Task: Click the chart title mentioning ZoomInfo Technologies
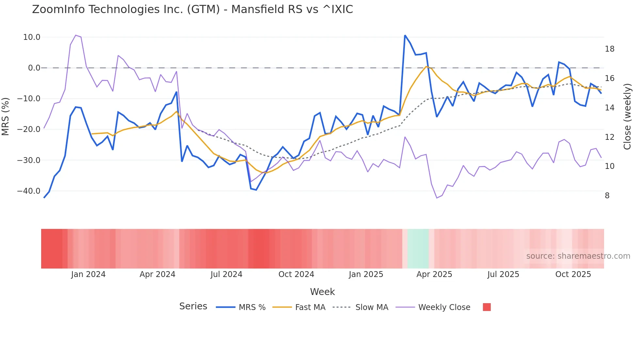(192, 9)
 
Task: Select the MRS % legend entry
(252, 307)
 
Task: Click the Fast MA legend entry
(310, 307)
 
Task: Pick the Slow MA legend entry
(372, 307)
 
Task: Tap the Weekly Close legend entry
(444, 307)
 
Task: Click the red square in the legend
(487, 307)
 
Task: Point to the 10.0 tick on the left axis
(32, 37)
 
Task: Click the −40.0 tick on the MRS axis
(29, 191)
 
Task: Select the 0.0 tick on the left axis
(34, 68)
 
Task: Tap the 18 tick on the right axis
(609, 49)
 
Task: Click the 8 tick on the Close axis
(607, 196)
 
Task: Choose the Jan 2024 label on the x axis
(88, 274)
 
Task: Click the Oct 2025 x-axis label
(573, 274)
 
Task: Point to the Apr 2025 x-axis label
(434, 274)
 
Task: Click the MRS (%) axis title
(6, 116)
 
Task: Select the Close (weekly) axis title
(627, 117)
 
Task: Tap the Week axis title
(322, 292)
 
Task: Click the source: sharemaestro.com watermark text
(578, 256)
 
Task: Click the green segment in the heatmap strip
(418, 249)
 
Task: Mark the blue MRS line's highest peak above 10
(405, 36)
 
